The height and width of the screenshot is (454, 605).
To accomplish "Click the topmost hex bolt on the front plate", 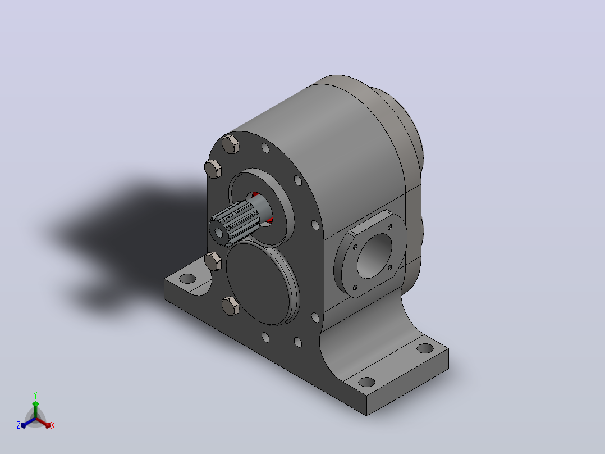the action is (231, 144).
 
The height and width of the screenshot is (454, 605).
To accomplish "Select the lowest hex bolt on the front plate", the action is (231, 306).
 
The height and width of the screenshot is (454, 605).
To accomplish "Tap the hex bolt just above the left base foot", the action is (213, 261).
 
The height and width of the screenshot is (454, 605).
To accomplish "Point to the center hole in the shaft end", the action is (219, 233).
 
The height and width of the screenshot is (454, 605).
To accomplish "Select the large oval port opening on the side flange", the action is (374, 256).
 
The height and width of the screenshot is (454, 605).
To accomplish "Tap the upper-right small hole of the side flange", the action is (389, 227).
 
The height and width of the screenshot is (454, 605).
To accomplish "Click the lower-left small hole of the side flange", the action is (355, 288).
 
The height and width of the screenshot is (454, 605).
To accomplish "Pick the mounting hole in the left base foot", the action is (188, 278).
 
